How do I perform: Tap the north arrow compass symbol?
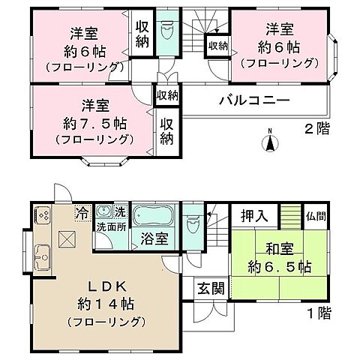(x=271, y=140)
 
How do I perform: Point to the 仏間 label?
(x=316, y=216)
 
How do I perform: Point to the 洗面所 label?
(x=109, y=226)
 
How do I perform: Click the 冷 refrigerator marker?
(x=81, y=213)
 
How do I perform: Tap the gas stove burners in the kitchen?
(x=41, y=215)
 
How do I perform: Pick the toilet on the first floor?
(x=193, y=222)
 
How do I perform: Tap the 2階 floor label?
(x=316, y=129)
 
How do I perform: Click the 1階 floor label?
(x=317, y=313)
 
